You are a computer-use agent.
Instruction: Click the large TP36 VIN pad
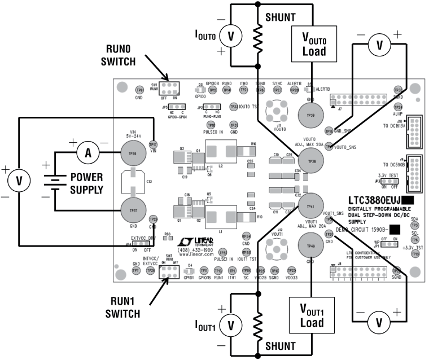tap(134, 153)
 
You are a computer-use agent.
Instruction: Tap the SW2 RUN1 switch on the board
tap(167, 272)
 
